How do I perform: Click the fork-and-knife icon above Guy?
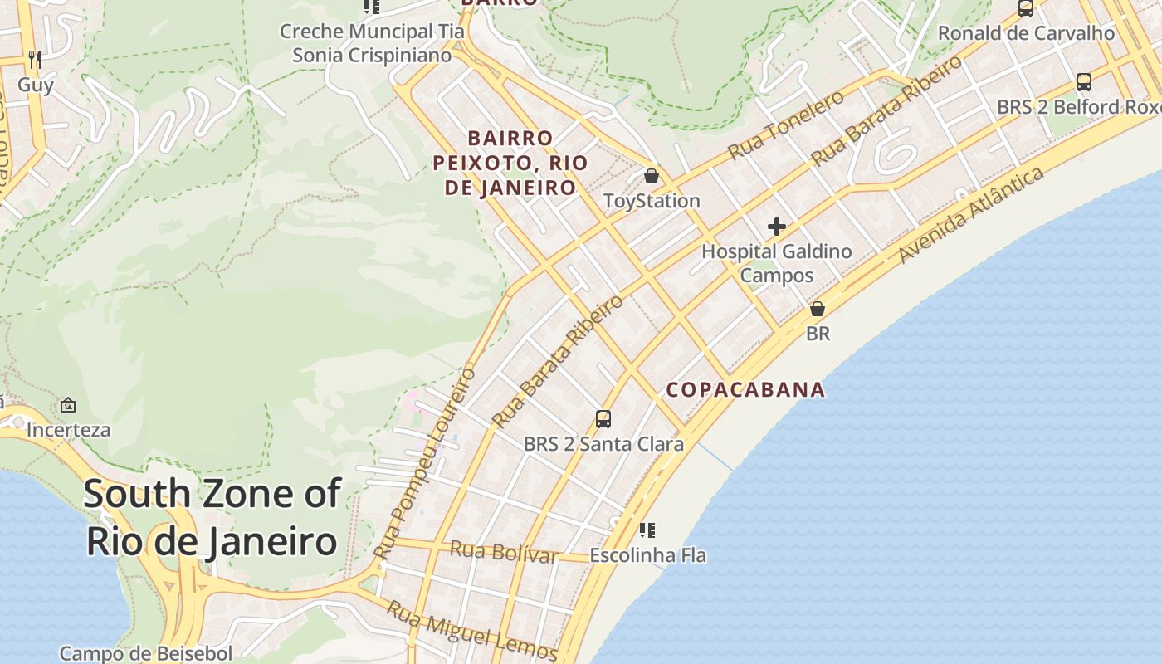34,59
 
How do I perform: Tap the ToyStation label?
652,201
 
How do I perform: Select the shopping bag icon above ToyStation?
652,176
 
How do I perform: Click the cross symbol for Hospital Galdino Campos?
777,227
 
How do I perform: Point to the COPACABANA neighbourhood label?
746,389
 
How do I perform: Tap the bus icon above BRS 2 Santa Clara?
603,419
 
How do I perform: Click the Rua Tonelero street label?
785,125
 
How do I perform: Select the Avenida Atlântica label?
970,215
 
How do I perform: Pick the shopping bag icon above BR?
818,309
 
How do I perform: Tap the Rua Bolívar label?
503,551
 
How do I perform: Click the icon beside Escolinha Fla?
647,530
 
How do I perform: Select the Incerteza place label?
68,430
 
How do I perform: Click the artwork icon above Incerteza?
68,405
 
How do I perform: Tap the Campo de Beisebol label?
146,653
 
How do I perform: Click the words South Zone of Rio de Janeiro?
212,517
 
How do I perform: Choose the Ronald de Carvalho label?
1026,33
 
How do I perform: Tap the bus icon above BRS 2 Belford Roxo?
1084,82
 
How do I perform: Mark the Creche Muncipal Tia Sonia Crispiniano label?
372,43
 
